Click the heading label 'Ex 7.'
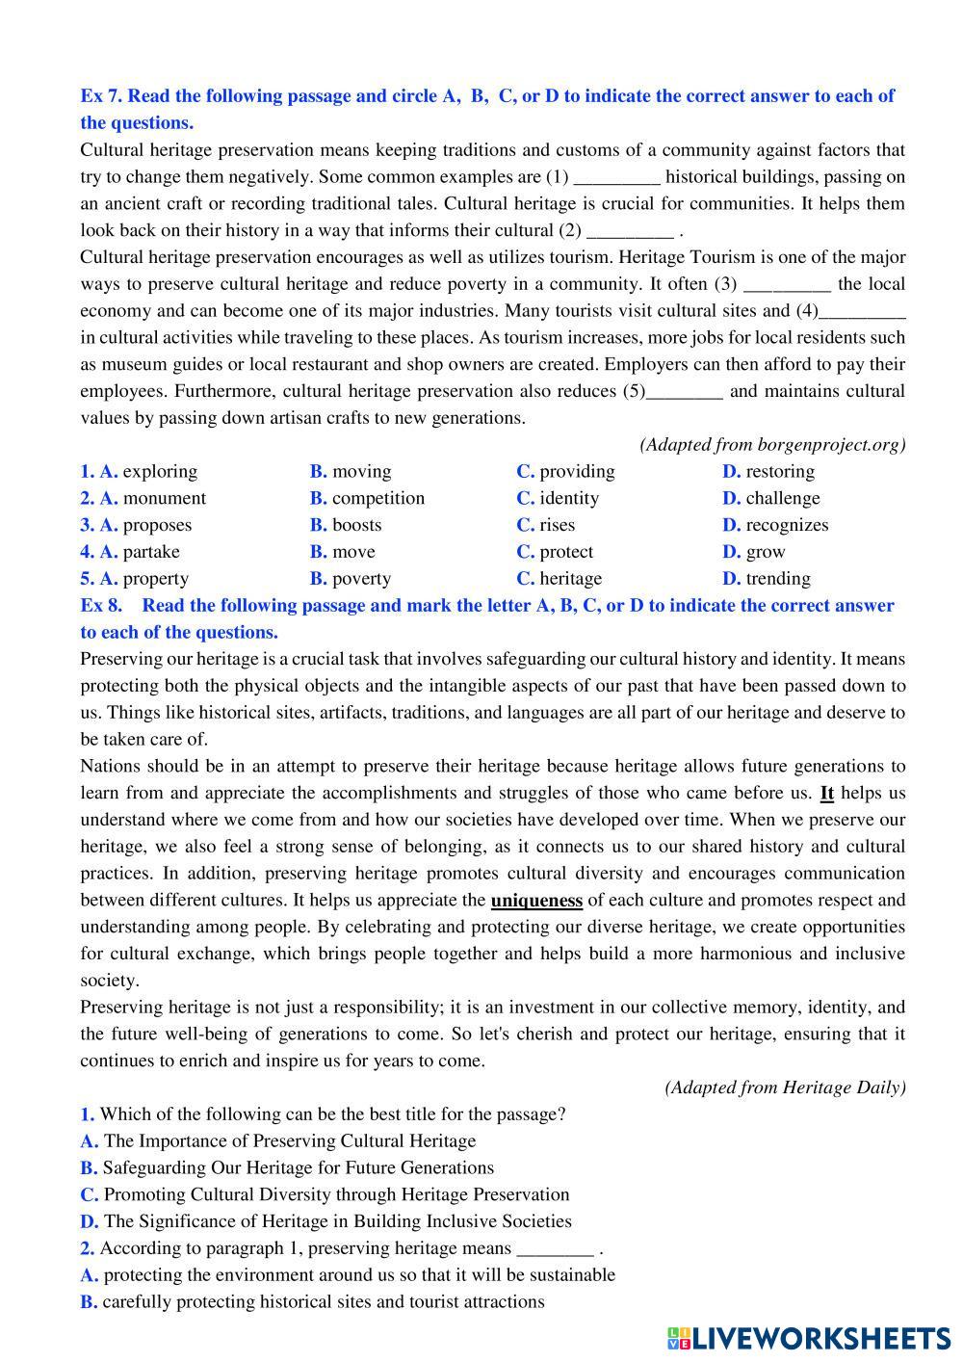[101, 96]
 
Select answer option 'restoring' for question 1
[779, 471]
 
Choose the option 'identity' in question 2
[568, 498]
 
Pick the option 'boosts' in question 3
[356, 525]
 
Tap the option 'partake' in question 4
[150, 552]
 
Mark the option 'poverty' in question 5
[361, 579]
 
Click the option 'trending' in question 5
[777, 579]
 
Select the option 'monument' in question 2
[164, 498]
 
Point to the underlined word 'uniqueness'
[536, 901]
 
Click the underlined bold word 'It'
[826, 794]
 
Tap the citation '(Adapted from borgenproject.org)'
[772, 444]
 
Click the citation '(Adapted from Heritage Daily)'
[785, 1087]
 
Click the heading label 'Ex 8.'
[101, 606]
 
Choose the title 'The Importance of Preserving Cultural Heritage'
[289, 1141]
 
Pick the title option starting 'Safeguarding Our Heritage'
[298, 1168]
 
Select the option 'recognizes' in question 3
[786, 525]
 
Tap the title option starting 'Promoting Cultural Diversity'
[336, 1195]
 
